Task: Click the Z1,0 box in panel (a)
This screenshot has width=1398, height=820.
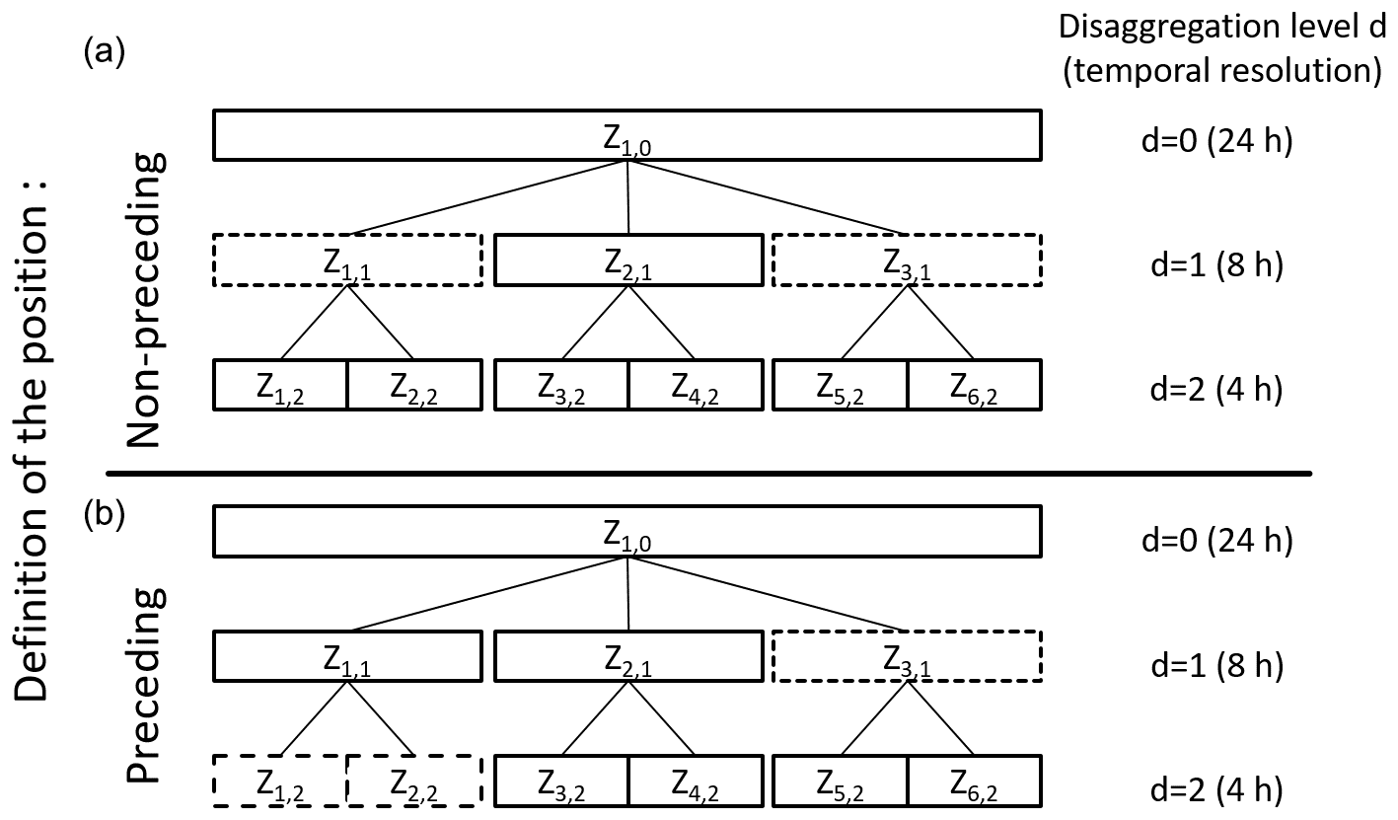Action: click(627, 135)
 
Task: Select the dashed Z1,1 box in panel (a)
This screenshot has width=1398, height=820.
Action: click(347, 261)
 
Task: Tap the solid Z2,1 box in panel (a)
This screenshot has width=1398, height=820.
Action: click(627, 261)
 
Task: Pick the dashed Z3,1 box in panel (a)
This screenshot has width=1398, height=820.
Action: click(907, 261)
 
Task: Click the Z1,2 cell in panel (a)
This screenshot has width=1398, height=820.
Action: click(281, 386)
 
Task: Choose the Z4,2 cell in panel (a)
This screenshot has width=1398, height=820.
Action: click(695, 386)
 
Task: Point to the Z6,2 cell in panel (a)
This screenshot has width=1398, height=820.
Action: click(974, 386)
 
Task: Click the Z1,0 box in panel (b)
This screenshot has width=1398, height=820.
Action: click(627, 533)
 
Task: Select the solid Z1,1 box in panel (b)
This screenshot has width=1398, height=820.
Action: click(347, 656)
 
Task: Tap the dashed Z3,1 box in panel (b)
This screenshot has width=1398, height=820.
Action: click(907, 656)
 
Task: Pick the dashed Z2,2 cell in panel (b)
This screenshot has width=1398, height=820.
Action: click(414, 782)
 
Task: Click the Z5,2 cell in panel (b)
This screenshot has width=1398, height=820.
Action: click(841, 782)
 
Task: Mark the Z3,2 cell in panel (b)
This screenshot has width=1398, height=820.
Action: click(561, 782)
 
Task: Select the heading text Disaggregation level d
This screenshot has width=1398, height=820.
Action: click(1222, 27)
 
